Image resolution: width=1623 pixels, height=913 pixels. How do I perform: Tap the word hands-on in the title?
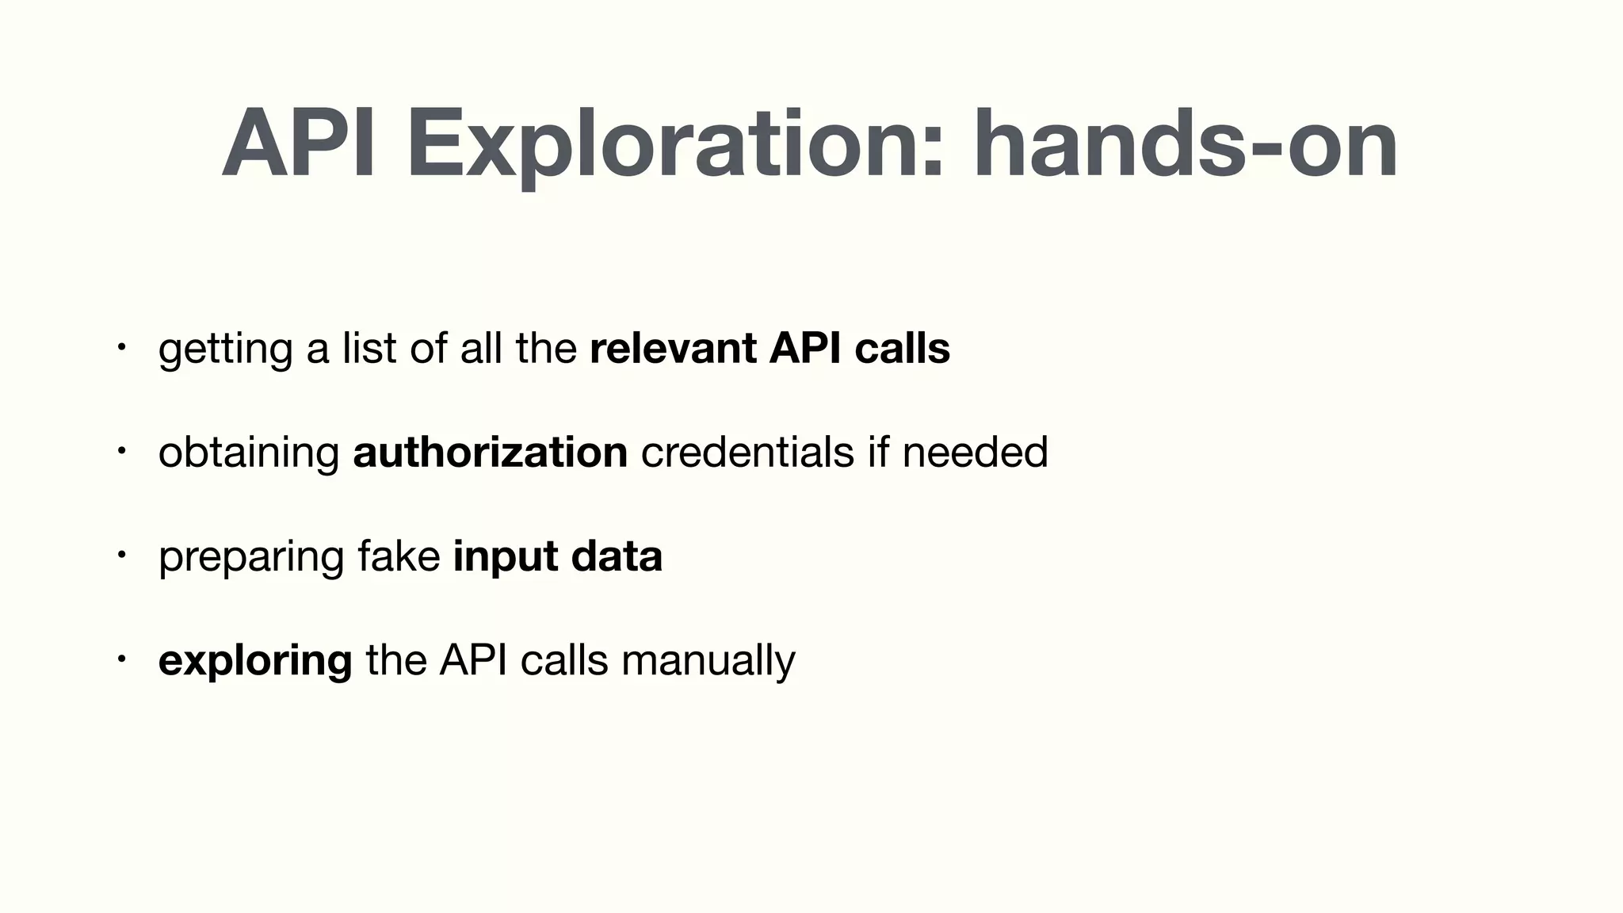(x=1186, y=147)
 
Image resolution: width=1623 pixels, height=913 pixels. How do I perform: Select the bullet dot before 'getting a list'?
(x=120, y=347)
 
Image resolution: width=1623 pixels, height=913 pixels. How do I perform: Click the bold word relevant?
(x=673, y=349)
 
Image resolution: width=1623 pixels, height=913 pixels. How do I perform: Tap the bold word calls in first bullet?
(x=902, y=349)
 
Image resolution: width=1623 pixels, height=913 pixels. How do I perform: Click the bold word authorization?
(x=490, y=453)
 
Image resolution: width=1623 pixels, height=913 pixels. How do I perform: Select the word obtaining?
(x=249, y=454)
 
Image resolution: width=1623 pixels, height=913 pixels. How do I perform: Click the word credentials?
(x=747, y=453)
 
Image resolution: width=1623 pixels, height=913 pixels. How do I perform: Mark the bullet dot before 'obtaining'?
(x=120, y=451)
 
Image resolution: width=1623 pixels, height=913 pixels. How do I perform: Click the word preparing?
(x=251, y=558)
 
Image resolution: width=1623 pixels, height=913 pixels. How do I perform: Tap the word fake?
(x=399, y=556)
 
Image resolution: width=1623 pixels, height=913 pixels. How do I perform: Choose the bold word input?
(x=505, y=558)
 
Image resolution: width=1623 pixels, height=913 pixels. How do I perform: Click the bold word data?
(x=617, y=556)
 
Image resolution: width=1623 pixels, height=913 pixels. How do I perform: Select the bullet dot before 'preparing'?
(x=120, y=555)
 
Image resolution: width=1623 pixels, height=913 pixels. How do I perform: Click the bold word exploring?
(x=255, y=662)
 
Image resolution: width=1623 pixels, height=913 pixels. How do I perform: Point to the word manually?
(x=708, y=662)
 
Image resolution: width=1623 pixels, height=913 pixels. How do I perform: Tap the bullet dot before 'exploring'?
(x=120, y=659)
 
